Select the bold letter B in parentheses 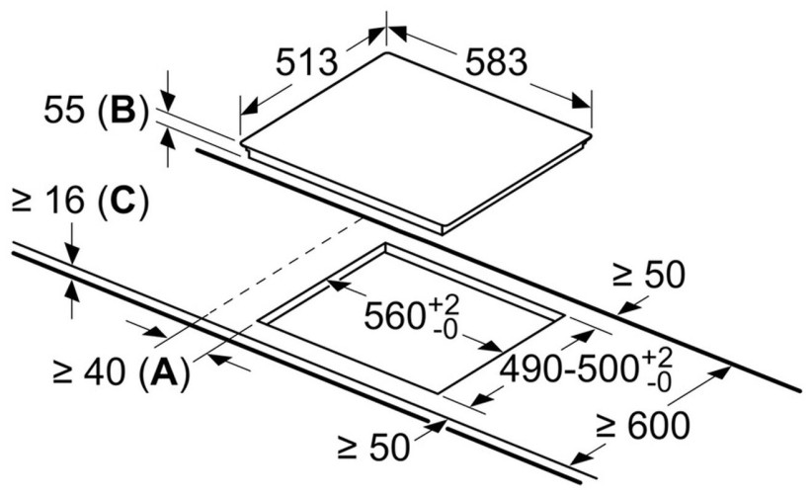coord(122,111)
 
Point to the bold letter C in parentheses coord(122,204)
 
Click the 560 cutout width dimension coord(396,318)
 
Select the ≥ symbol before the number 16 coord(22,204)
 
